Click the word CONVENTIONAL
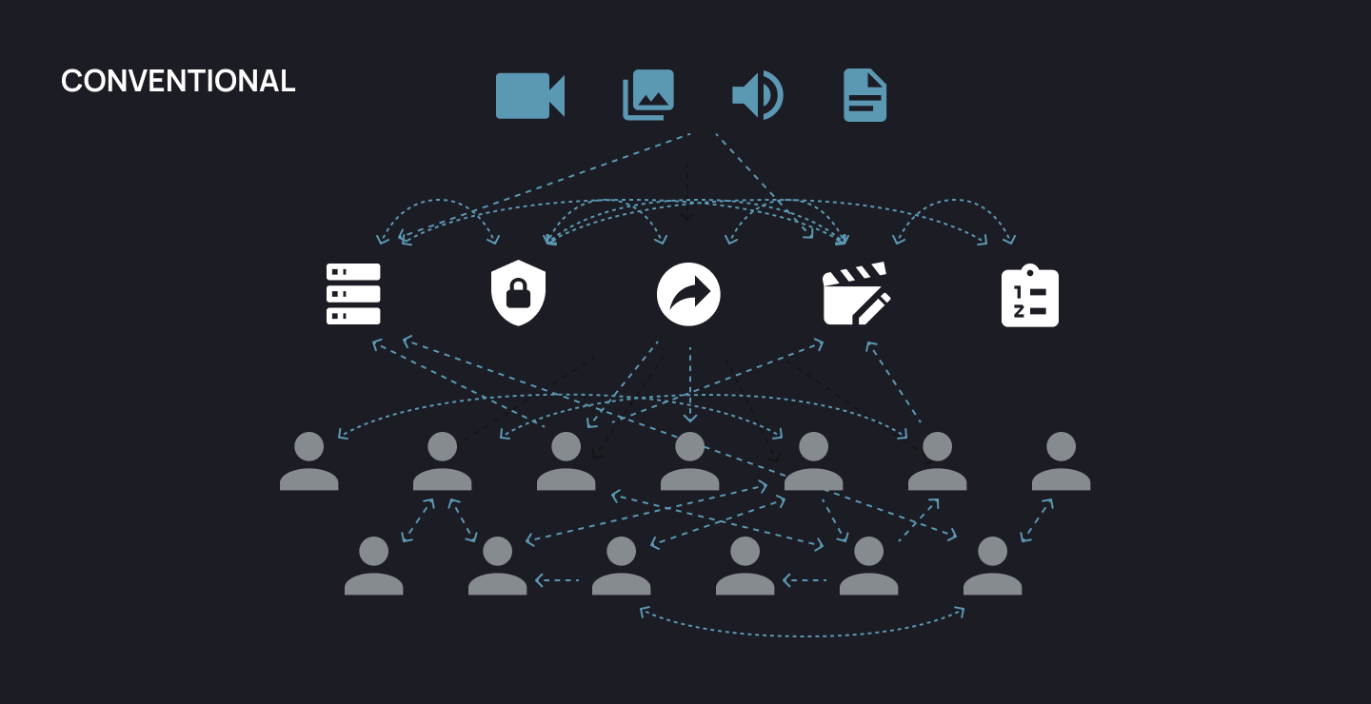pos(178,82)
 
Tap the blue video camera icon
pos(529,96)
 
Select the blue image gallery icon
pos(648,95)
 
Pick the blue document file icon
pos(864,96)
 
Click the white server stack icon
pos(353,294)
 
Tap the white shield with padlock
pos(518,294)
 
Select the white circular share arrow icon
pos(688,294)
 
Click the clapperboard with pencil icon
pos(856,294)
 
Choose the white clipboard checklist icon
pos(1029,296)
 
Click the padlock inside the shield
pos(518,296)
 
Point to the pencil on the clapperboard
pos(874,307)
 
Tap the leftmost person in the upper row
pos(308,461)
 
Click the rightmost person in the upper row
pos(1061,461)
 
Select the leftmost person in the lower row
pos(373,566)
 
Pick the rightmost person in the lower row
pos(992,566)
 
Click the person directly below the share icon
pos(689,461)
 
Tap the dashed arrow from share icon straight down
pos(690,385)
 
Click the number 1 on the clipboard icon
pos(1018,291)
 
